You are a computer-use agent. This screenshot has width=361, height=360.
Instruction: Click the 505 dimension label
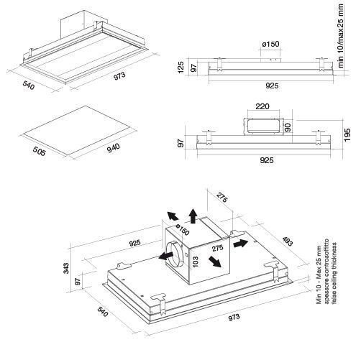(39, 151)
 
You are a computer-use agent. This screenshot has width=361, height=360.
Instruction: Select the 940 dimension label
(114, 148)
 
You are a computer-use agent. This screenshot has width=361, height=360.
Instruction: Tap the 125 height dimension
(181, 68)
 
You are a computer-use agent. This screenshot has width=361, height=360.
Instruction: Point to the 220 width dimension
(262, 106)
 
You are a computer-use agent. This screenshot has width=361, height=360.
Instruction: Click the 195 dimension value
(347, 135)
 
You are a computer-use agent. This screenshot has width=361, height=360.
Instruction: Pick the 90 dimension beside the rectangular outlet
(288, 127)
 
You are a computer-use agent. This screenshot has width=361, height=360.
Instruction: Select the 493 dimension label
(288, 241)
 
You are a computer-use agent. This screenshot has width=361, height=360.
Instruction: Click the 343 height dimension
(66, 268)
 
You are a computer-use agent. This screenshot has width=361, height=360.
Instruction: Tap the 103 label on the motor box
(196, 262)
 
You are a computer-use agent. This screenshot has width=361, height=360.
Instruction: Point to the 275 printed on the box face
(217, 248)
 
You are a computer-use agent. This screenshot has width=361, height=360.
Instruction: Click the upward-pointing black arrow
(193, 216)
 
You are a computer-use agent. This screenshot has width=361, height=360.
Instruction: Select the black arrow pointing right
(240, 244)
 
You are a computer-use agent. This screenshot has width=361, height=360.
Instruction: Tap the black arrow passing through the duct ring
(166, 256)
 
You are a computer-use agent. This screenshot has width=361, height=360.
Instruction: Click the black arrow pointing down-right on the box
(214, 262)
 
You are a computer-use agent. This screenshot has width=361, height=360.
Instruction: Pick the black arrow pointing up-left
(173, 216)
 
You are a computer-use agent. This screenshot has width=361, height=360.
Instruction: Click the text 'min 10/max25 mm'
(340, 36)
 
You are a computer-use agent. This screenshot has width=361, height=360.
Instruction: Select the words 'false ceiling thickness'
(334, 273)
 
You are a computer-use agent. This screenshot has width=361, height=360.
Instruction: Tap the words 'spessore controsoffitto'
(326, 271)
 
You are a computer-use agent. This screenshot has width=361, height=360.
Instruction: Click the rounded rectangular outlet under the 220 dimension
(263, 126)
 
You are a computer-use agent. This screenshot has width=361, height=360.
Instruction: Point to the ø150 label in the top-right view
(270, 44)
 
